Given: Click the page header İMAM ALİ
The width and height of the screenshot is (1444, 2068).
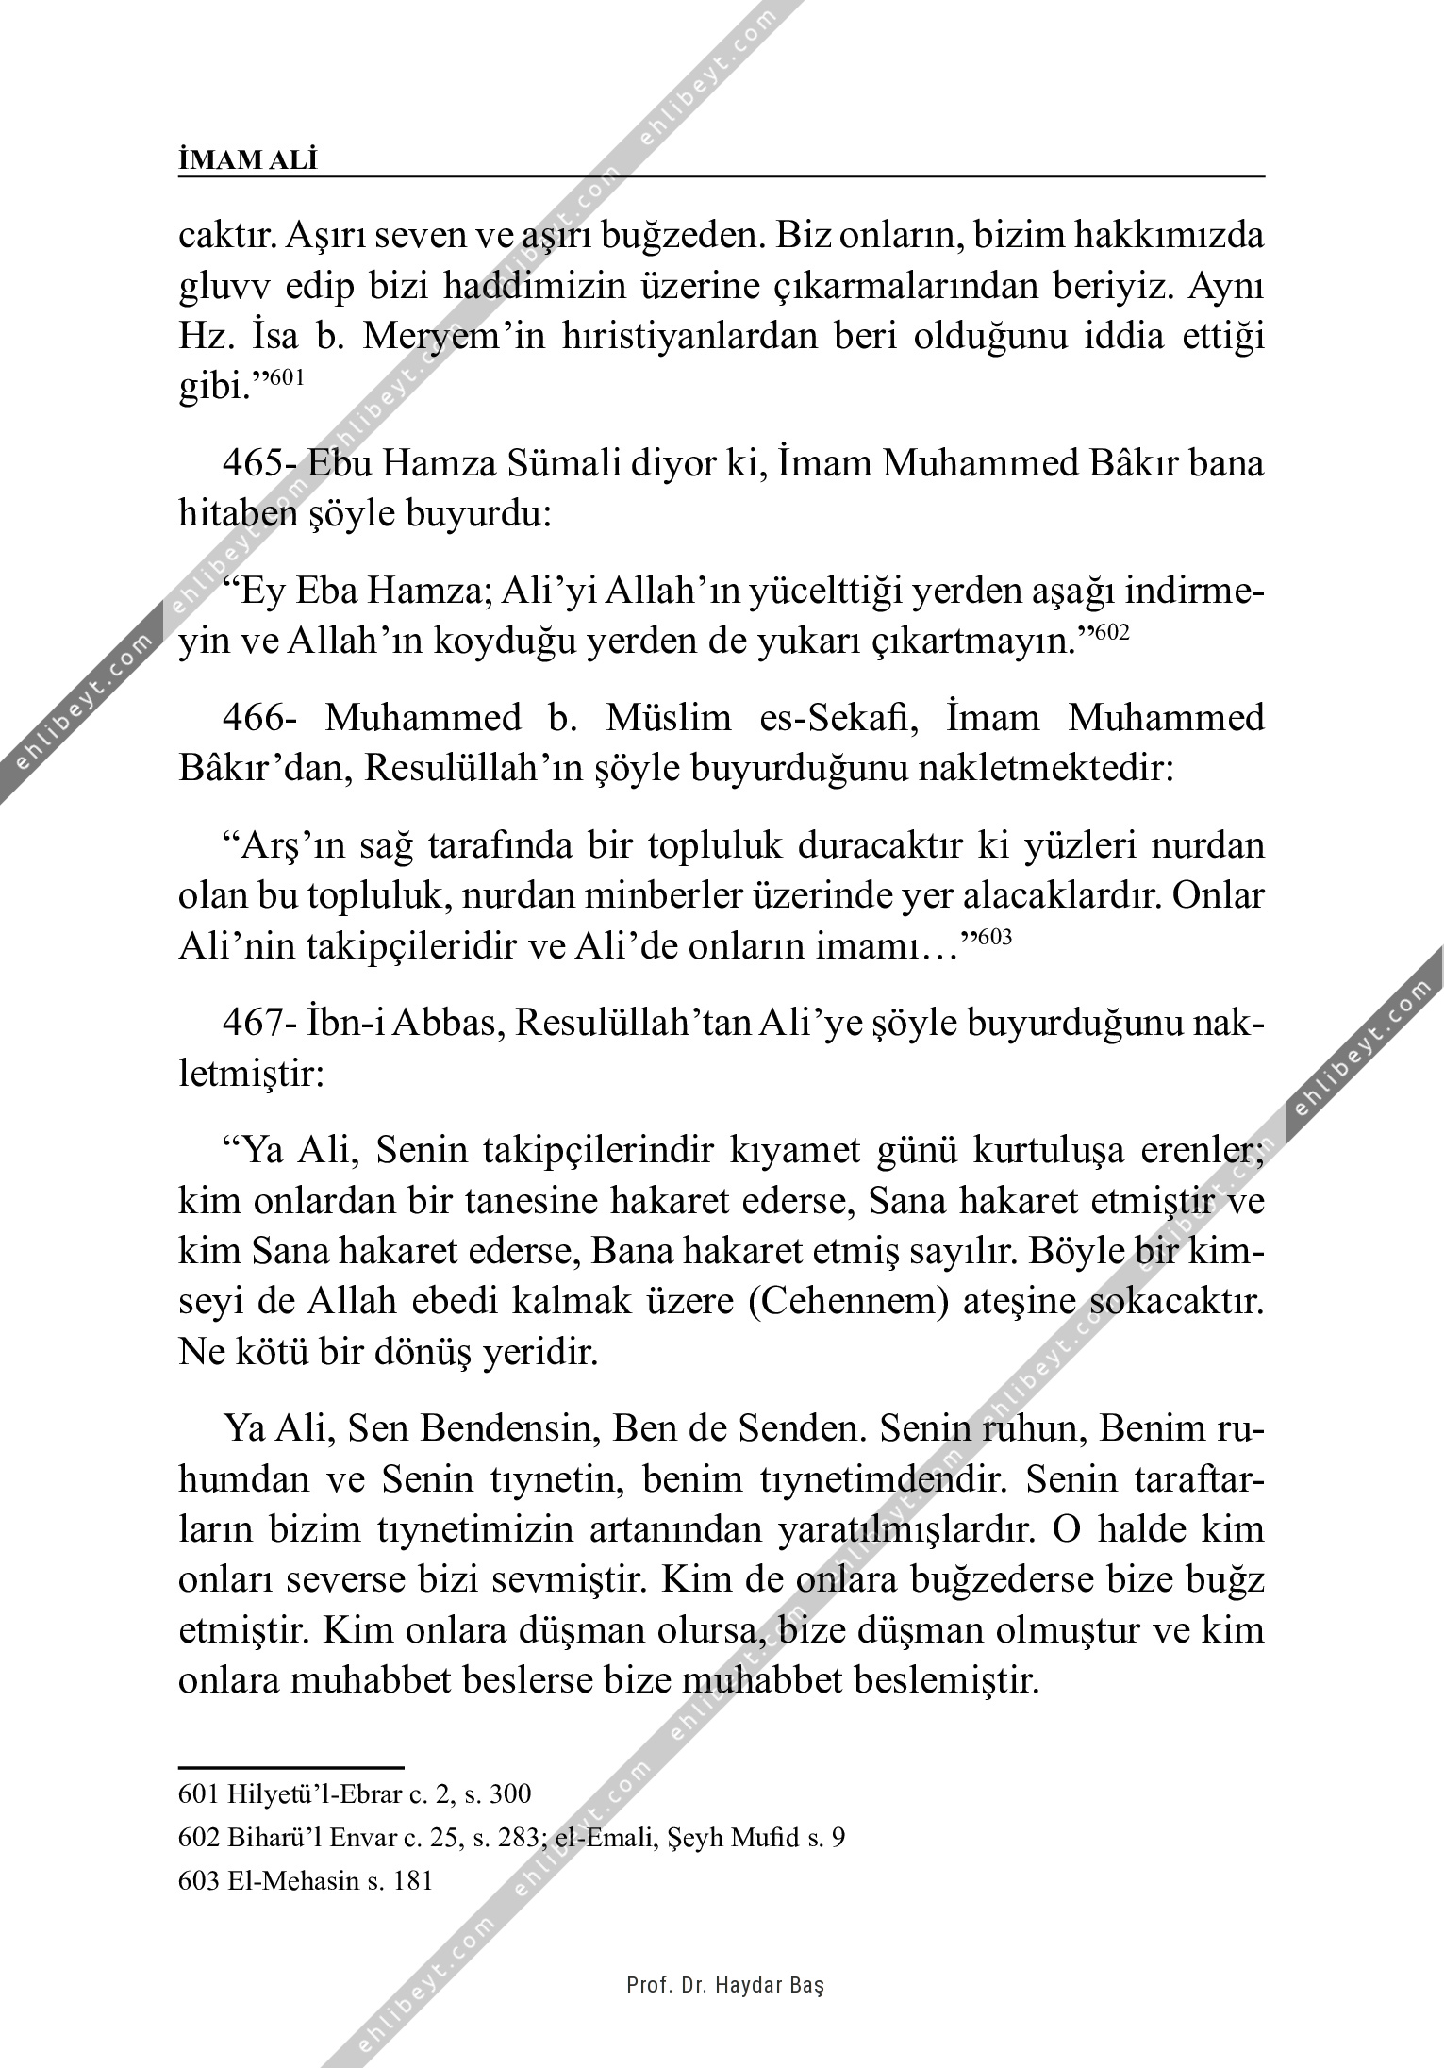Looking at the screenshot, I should tap(248, 160).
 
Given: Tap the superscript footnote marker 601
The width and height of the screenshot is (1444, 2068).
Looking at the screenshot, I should tap(287, 376).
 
